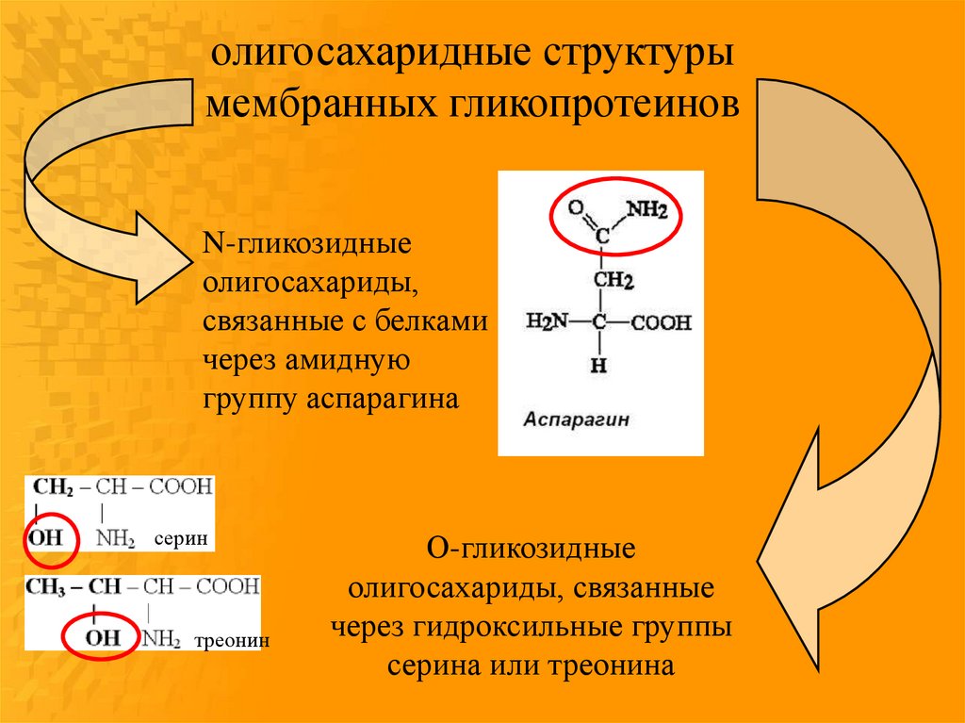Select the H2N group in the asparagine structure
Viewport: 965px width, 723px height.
pyautogui.click(x=547, y=323)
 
